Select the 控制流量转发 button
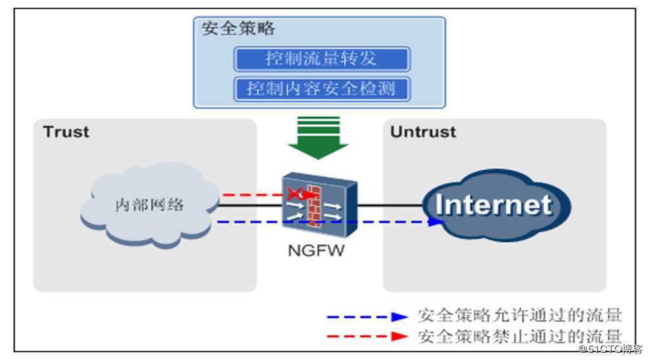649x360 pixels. click(x=322, y=58)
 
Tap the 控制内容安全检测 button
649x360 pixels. click(x=322, y=88)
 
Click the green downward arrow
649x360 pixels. click(x=318, y=137)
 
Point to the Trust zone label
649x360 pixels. click(x=66, y=132)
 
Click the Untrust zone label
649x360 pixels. click(x=422, y=132)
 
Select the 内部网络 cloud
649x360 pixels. click(x=150, y=205)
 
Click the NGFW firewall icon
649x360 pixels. click(x=320, y=204)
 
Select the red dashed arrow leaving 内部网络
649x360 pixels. click(x=252, y=194)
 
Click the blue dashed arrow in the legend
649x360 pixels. click(x=367, y=316)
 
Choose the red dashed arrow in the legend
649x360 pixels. click(x=367, y=336)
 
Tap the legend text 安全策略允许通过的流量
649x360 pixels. click(x=519, y=316)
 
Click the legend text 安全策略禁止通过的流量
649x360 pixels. click(x=519, y=336)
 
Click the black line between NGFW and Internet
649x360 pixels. click(x=390, y=205)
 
